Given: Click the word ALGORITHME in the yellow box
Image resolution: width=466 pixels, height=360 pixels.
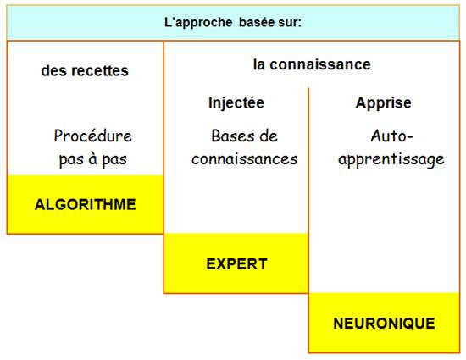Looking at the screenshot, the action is tap(86, 204).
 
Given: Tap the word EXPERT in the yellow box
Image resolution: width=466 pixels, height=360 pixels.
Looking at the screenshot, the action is tap(237, 263).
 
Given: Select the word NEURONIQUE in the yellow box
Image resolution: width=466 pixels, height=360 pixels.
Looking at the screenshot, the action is tap(385, 324).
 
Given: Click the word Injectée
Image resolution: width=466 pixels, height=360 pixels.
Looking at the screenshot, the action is tap(236, 102).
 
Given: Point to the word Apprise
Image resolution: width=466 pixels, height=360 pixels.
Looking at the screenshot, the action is tap(383, 103).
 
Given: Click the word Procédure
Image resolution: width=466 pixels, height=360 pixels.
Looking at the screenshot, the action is tap(92, 136).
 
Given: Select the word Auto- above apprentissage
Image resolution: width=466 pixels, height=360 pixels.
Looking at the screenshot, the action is tap(391, 136).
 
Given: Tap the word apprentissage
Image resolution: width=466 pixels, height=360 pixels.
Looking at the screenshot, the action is tap(391, 159).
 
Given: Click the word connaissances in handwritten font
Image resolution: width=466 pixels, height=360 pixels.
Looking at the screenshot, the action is tap(244, 159).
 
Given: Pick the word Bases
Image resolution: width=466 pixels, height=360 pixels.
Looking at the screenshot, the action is tap(233, 136).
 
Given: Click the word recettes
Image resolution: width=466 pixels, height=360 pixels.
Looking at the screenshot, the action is tap(100, 70).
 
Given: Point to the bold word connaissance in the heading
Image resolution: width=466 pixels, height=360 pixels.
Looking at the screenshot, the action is tap(320, 64).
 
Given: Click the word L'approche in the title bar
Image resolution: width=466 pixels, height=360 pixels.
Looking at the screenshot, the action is tap(198, 22).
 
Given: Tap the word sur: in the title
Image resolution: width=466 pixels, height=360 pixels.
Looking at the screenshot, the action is tap(290, 22).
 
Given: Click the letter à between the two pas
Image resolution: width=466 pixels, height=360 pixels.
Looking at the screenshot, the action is tap(92, 158).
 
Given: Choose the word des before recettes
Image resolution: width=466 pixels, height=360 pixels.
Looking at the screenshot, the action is tap(55, 70).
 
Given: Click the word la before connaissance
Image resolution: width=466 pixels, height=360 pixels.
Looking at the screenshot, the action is tap(259, 64).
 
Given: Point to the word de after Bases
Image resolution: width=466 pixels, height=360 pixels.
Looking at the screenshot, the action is tap(269, 136).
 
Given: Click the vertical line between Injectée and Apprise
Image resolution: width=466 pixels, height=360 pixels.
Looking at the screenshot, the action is tap(308, 191).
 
